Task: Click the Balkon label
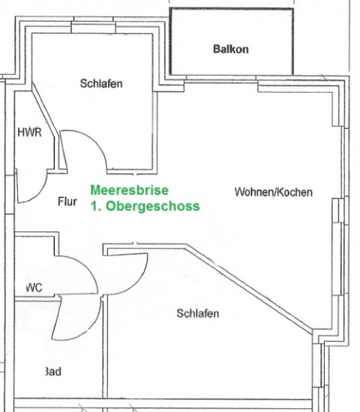tap(231, 49)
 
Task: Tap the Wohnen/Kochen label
tap(274, 192)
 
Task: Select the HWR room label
tap(30, 132)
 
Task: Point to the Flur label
tap(67, 202)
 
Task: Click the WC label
tap(34, 288)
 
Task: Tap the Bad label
tap(53, 372)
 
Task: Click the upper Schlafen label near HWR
tap(101, 84)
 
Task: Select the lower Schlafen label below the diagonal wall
tap(198, 313)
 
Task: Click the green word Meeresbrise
tap(130, 190)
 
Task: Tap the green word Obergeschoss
tap(153, 206)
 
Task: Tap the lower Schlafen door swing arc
tap(136, 281)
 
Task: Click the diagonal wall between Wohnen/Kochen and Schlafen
tap(249, 288)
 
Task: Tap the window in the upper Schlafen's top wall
tap(94, 28)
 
